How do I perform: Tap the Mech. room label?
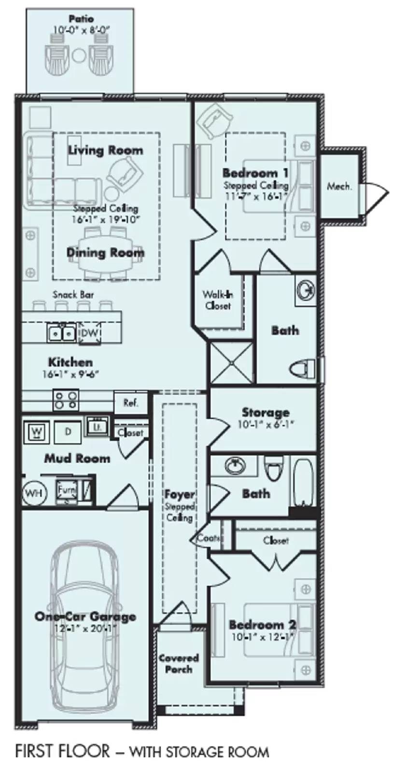[339, 186]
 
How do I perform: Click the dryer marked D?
[68, 431]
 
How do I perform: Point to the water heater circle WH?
[33, 493]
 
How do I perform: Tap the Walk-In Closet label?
[217, 300]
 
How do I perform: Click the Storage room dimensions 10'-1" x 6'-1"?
[265, 425]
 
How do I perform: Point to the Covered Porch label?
[179, 663]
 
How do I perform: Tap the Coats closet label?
[208, 538]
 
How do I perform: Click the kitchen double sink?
[61, 332]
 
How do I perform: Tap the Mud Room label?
[77, 458]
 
